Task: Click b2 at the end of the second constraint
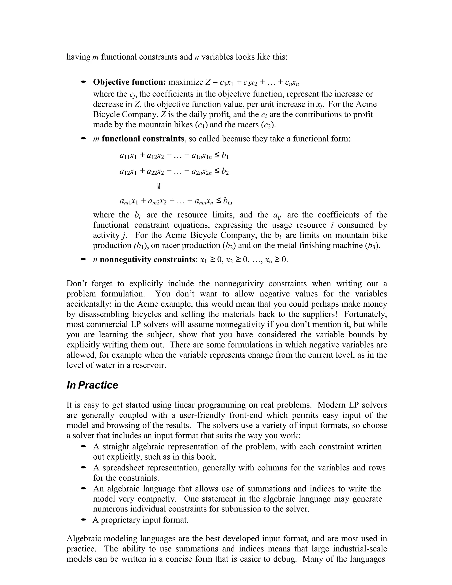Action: click(x=225, y=172)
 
